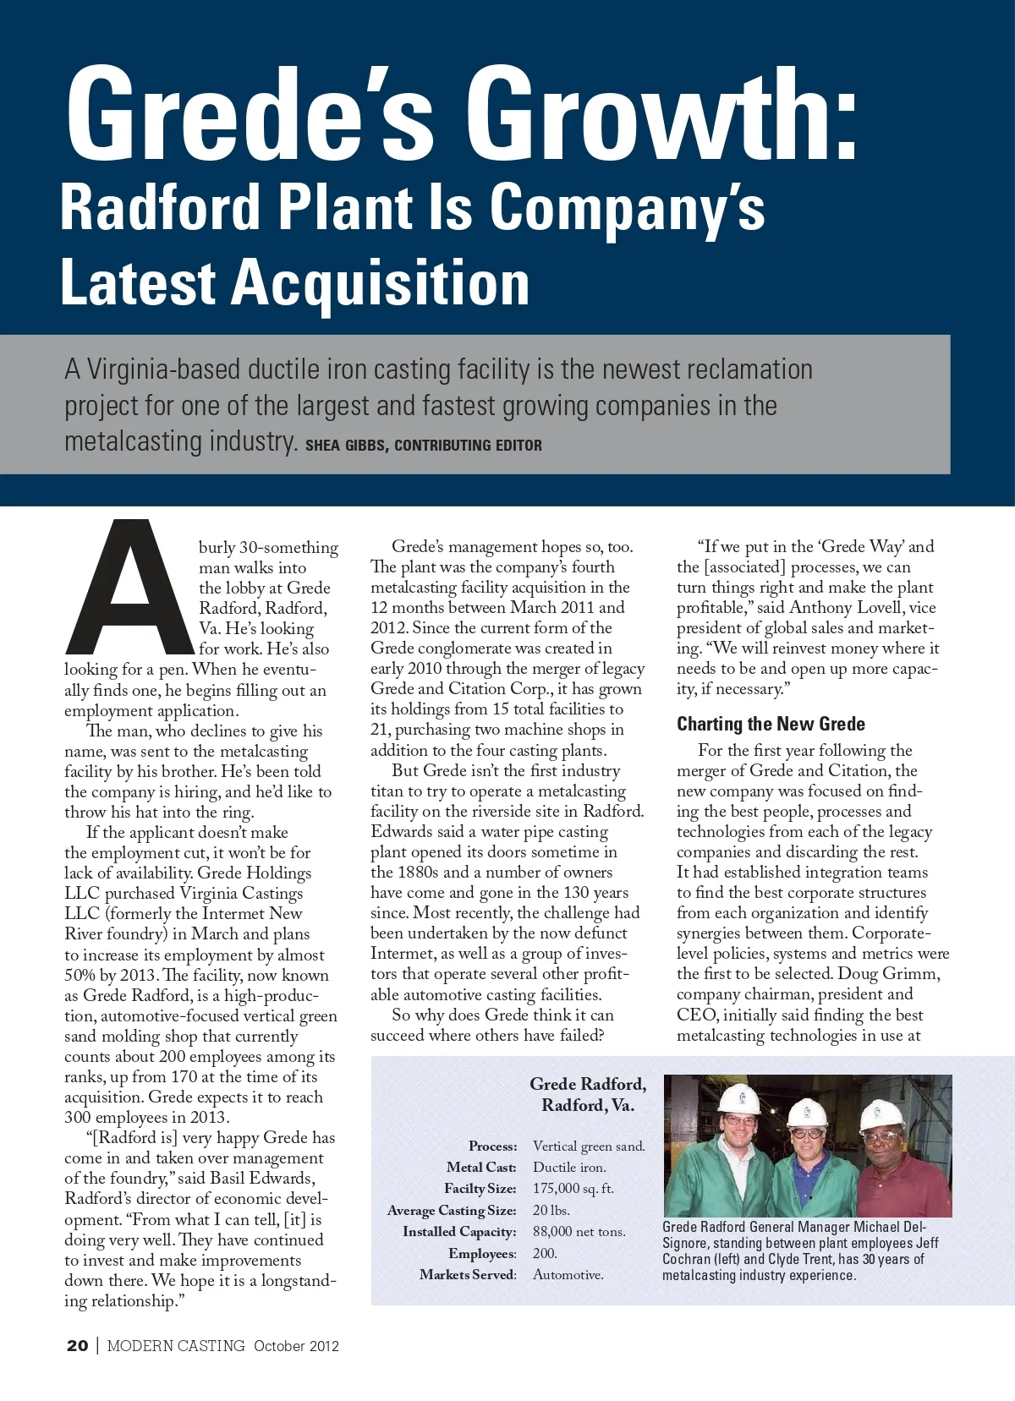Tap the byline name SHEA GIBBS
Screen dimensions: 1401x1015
coord(345,446)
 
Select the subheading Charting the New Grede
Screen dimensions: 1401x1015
coord(771,724)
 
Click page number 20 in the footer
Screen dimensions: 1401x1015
coord(77,1345)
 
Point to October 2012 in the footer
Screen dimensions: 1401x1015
coord(296,1346)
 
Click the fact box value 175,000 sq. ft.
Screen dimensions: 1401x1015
coord(573,1188)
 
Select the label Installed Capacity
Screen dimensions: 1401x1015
coord(459,1231)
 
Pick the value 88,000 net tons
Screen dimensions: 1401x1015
coord(579,1231)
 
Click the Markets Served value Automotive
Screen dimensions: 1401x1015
coord(568,1274)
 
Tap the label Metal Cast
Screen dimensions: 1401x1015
coord(481,1167)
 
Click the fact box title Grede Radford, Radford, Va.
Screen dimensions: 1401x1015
coord(588,1094)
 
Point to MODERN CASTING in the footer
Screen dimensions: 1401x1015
coord(176,1346)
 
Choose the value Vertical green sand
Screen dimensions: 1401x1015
coord(589,1146)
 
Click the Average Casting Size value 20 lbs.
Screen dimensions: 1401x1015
coord(551,1210)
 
